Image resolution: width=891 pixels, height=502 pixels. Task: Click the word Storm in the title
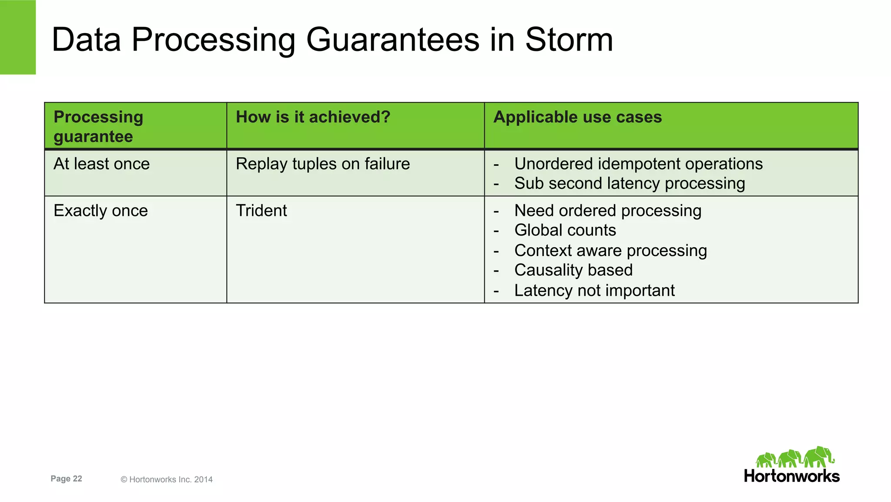(x=569, y=40)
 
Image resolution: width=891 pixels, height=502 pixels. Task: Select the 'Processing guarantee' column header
(x=98, y=126)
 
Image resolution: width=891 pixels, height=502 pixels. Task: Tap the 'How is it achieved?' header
(x=313, y=117)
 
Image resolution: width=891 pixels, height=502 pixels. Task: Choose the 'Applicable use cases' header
(x=577, y=117)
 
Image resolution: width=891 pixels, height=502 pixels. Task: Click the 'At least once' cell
(x=101, y=164)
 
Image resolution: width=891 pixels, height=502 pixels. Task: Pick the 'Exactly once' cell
(x=100, y=211)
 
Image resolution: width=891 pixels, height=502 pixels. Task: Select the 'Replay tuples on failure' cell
(x=322, y=164)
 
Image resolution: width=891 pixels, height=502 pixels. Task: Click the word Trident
(x=261, y=211)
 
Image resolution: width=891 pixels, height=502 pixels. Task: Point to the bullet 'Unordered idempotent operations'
(x=638, y=164)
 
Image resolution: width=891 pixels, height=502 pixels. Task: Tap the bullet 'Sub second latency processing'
(x=630, y=184)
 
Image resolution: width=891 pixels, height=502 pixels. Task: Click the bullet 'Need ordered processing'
(x=608, y=211)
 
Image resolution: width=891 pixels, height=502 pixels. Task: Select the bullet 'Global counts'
(x=565, y=230)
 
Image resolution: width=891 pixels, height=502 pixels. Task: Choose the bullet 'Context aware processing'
(x=610, y=251)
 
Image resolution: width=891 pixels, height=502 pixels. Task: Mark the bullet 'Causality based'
(x=573, y=270)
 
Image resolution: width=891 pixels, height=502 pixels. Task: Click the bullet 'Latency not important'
(x=594, y=291)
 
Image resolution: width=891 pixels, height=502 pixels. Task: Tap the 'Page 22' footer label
(x=66, y=479)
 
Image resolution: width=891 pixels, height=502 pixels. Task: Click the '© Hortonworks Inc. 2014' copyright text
(x=167, y=480)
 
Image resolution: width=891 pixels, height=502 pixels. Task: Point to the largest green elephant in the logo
(x=818, y=457)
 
